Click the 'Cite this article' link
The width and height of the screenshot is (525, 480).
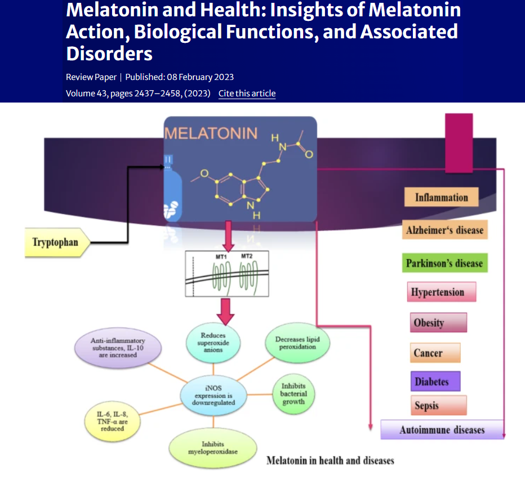[x=247, y=94]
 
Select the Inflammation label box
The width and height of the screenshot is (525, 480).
[x=442, y=197]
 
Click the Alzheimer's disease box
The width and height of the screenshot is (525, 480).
[x=444, y=230]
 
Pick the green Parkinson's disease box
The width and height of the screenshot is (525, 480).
[x=444, y=263]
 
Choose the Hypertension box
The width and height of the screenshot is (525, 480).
[x=441, y=292]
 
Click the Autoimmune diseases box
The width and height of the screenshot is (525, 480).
[x=442, y=430]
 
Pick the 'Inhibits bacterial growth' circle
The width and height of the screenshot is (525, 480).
[x=293, y=394]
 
